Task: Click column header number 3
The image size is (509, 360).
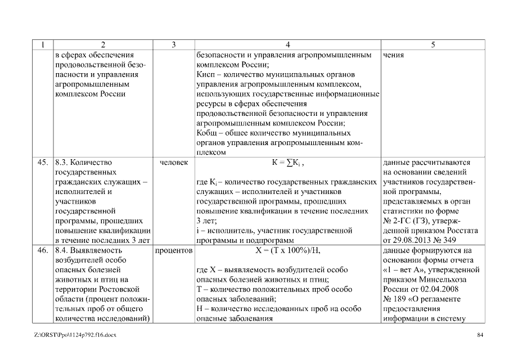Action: point(172,44)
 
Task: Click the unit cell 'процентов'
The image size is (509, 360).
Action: point(173,249)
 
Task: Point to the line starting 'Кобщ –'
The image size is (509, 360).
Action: point(273,133)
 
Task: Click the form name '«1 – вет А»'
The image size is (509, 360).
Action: point(401,269)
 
